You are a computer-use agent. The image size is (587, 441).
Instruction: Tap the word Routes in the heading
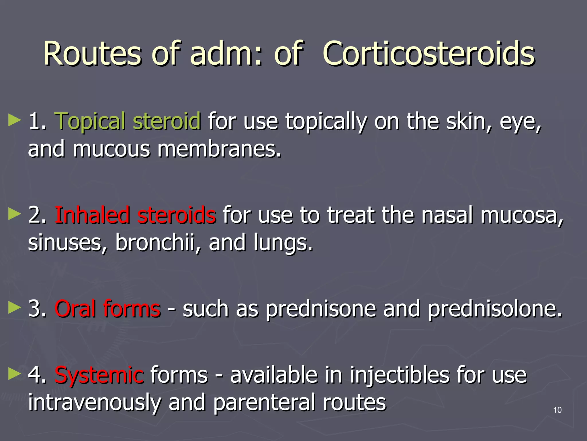92,54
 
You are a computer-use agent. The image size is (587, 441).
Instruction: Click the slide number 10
557,410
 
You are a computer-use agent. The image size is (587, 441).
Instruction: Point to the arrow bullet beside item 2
15,214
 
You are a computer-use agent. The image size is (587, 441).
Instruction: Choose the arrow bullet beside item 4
15,374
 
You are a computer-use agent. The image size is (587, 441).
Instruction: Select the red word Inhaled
92,215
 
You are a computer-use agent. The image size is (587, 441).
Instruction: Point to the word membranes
219,149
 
